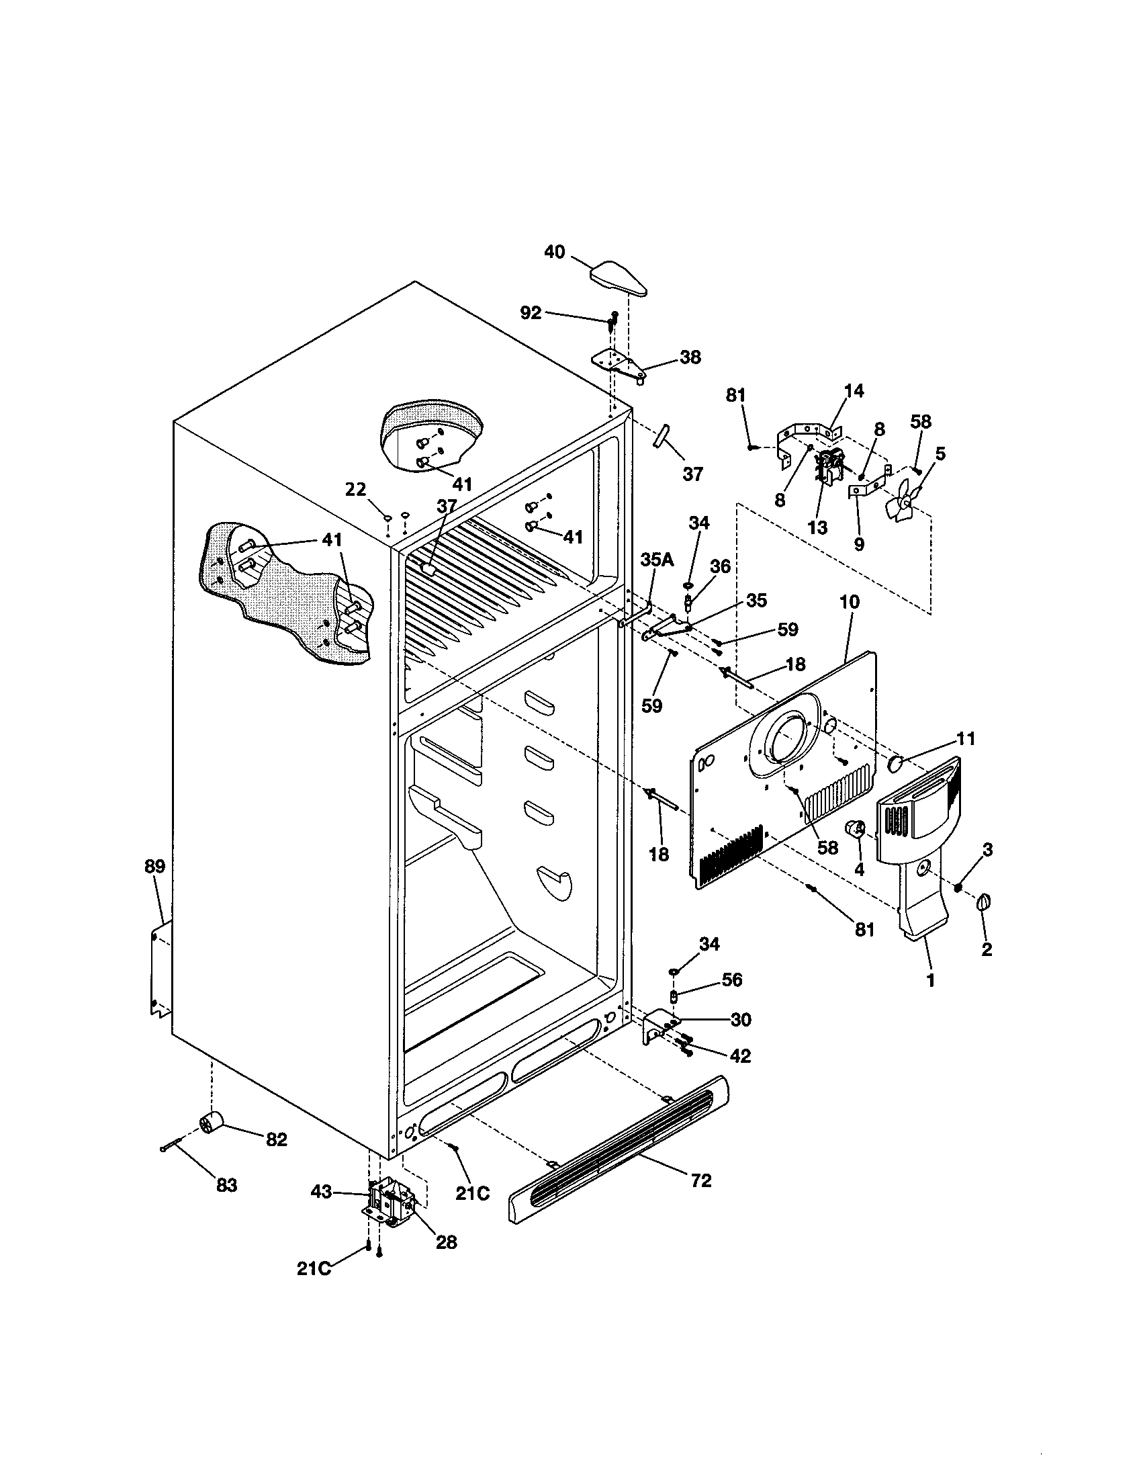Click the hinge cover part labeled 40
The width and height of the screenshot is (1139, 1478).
(x=619, y=278)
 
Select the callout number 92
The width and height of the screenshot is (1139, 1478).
(x=531, y=312)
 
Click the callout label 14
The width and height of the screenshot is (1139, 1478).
(x=854, y=390)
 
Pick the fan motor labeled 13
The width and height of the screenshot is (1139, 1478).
(x=830, y=466)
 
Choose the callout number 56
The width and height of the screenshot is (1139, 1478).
(x=731, y=980)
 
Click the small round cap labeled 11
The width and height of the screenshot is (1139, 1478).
(x=896, y=764)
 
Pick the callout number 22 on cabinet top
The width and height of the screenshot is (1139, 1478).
(x=355, y=489)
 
